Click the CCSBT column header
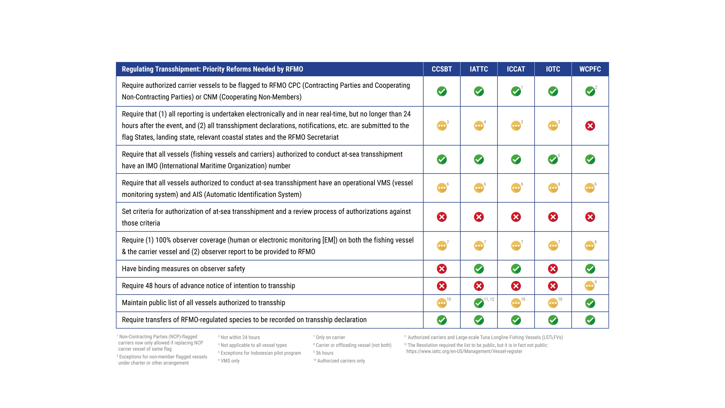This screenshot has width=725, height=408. [442, 69]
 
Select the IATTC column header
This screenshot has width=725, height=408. [479, 69]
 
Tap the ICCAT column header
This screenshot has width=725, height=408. [516, 69]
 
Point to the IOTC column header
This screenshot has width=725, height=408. [553, 69]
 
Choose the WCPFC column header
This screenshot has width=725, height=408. [590, 69]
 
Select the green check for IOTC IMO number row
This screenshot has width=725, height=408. [553, 159]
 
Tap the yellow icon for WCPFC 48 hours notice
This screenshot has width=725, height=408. [590, 286]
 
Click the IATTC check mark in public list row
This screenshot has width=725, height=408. [479, 303]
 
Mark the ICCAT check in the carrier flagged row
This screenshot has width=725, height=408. [516, 91]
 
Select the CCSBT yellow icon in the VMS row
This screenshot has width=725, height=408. [442, 188]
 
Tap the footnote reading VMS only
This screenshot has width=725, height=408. [229, 361]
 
